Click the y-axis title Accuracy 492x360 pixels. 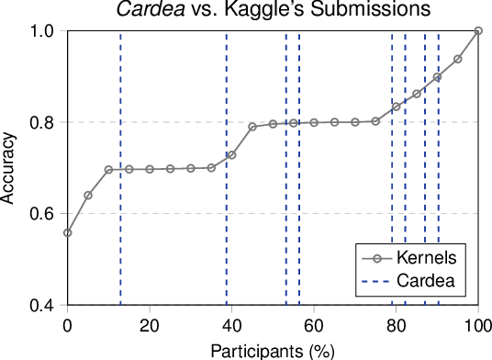[x=9, y=167]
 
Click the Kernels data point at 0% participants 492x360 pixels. [x=67, y=232]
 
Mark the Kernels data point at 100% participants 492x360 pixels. [x=478, y=31]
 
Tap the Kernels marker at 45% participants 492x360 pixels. [x=252, y=126]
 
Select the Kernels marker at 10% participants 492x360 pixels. [x=108, y=170]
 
